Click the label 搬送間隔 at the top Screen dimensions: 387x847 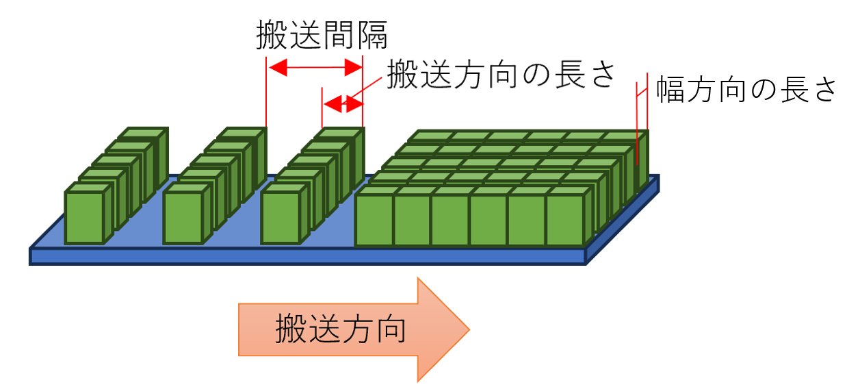(322, 34)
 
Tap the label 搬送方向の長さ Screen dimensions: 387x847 (499, 73)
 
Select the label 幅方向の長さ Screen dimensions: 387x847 (745, 90)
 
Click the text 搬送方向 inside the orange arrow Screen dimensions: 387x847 (341, 330)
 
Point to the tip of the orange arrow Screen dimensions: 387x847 (468, 330)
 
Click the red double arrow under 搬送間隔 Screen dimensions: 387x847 (314, 67)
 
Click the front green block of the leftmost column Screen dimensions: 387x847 (84, 217)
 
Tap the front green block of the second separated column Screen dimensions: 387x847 (183, 217)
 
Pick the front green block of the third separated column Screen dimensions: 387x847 (281, 217)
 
